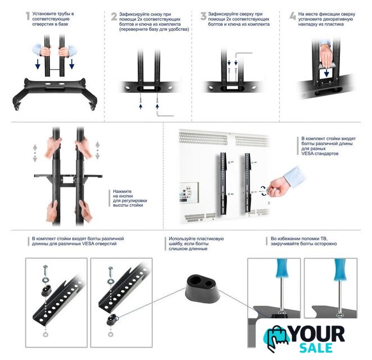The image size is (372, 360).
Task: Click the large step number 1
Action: tap(28, 16)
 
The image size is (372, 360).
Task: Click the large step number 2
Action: tap(114, 16)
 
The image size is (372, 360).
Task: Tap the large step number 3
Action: tap(203, 16)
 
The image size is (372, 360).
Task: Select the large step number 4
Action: tap(293, 16)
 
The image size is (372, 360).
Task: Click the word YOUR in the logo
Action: tap(317, 334)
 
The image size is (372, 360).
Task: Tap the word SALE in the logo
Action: tap(316, 348)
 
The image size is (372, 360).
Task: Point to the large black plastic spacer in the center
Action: tap(202, 289)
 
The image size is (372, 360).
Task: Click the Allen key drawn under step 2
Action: tap(164, 113)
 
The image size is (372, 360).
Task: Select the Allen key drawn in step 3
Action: tap(243, 55)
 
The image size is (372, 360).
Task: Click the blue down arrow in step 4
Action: tap(326, 73)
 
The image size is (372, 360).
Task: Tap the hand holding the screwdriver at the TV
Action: tap(279, 188)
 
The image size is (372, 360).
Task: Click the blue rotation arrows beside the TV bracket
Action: tap(264, 191)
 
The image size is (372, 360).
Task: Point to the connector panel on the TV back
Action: tap(189, 192)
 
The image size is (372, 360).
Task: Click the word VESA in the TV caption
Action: tap(307, 154)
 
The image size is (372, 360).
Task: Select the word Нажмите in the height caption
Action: tap(122, 191)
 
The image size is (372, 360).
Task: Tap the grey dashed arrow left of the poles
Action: tap(35, 153)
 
